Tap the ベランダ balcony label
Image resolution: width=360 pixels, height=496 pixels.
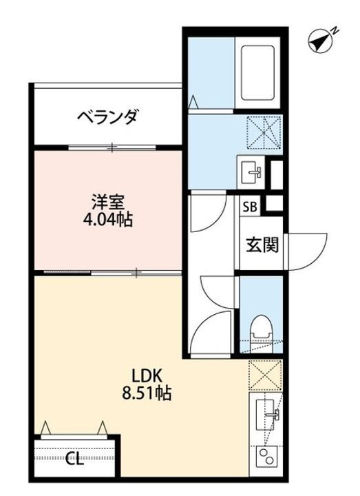point(107,115)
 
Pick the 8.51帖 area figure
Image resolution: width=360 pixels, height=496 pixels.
point(147,395)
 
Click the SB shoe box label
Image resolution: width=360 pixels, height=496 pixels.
point(249,205)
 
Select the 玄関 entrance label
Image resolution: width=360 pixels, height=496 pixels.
point(262,244)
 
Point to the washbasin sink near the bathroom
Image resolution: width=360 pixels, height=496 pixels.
point(251,171)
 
